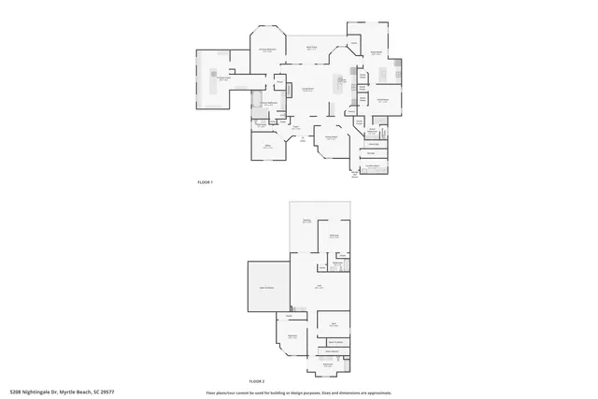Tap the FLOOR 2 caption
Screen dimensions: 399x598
[x=256, y=381]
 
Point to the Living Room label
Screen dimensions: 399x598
[x=306, y=89]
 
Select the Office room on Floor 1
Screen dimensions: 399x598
[x=266, y=146]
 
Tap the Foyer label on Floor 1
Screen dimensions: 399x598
[x=293, y=127]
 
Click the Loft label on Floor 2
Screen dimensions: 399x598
[x=319, y=287]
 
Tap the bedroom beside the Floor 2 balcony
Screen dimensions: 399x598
[x=333, y=236]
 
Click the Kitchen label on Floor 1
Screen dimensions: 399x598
[x=342, y=80]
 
